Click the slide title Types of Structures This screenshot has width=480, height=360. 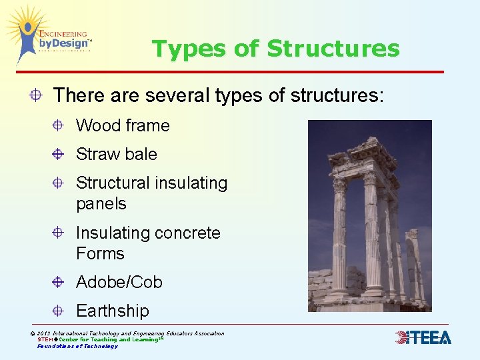pyautogui.click(x=275, y=49)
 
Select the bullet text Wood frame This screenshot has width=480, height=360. pyautogui.click(x=123, y=125)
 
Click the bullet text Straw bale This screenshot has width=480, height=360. pyautogui.click(x=117, y=154)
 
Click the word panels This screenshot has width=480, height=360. pyautogui.click(x=101, y=203)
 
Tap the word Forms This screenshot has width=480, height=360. pyautogui.click(x=100, y=253)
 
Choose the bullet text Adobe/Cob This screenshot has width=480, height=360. pyautogui.click(x=119, y=282)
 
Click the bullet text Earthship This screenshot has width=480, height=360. pyautogui.click(x=113, y=311)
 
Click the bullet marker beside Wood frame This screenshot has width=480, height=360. pyautogui.click(x=59, y=125)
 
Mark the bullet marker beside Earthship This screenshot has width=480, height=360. pyautogui.click(x=59, y=311)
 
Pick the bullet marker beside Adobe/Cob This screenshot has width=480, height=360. pyautogui.click(x=59, y=282)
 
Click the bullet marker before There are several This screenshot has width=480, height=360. pyautogui.click(x=35, y=95)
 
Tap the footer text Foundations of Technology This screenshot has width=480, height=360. pyautogui.click(x=77, y=346)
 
